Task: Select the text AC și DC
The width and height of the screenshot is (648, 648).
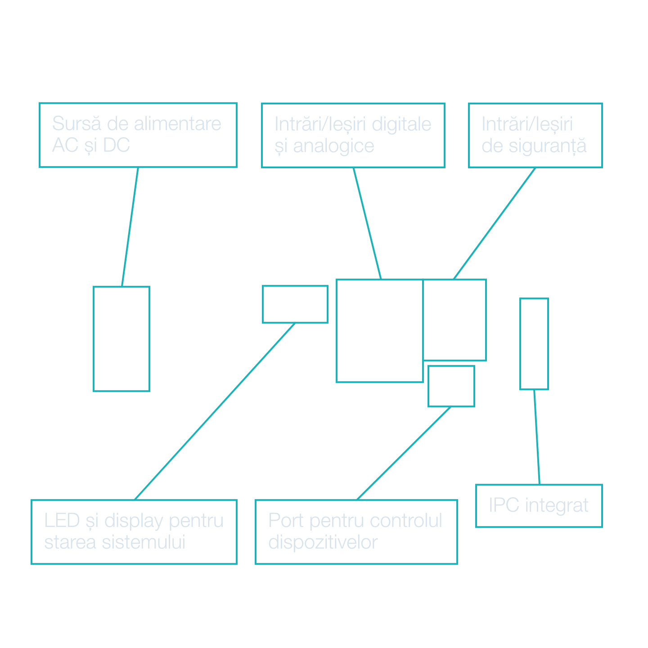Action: pyautogui.click(x=91, y=145)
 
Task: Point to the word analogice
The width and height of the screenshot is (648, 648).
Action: pyautogui.click(x=333, y=146)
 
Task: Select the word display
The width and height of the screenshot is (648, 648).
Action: pyautogui.click(x=133, y=521)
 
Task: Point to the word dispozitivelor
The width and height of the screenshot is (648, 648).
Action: pyautogui.click(x=323, y=542)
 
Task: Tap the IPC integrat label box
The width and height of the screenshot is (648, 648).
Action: pyautogui.click(x=539, y=506)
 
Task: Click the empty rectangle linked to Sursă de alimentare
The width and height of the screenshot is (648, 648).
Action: pyautogui.click(x=121, y=339)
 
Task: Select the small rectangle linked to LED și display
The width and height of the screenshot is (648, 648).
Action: pyautogui.click(x=295, y=304)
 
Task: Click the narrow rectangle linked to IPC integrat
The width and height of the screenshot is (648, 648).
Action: pyautogui.click(x=534, y=344)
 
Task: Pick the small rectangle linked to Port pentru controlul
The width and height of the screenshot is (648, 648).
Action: pyautogui.click(x=451, y=386)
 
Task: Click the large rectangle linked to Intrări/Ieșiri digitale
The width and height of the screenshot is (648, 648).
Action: pyautogui.click(x=380, y=331)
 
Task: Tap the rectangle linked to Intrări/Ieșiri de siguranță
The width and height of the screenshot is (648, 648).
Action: pyautogui.click(x=454, y=320)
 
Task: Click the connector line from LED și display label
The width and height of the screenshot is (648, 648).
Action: pyautogui.click(x=215, y=411)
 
